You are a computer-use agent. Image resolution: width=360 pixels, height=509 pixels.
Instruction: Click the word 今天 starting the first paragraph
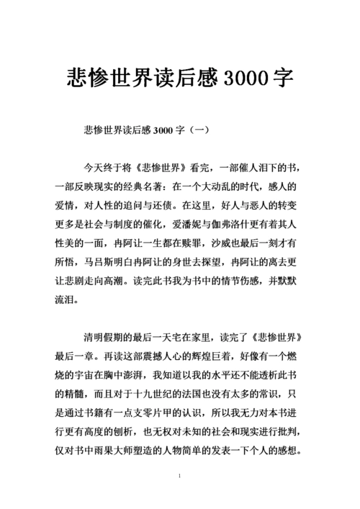94,168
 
